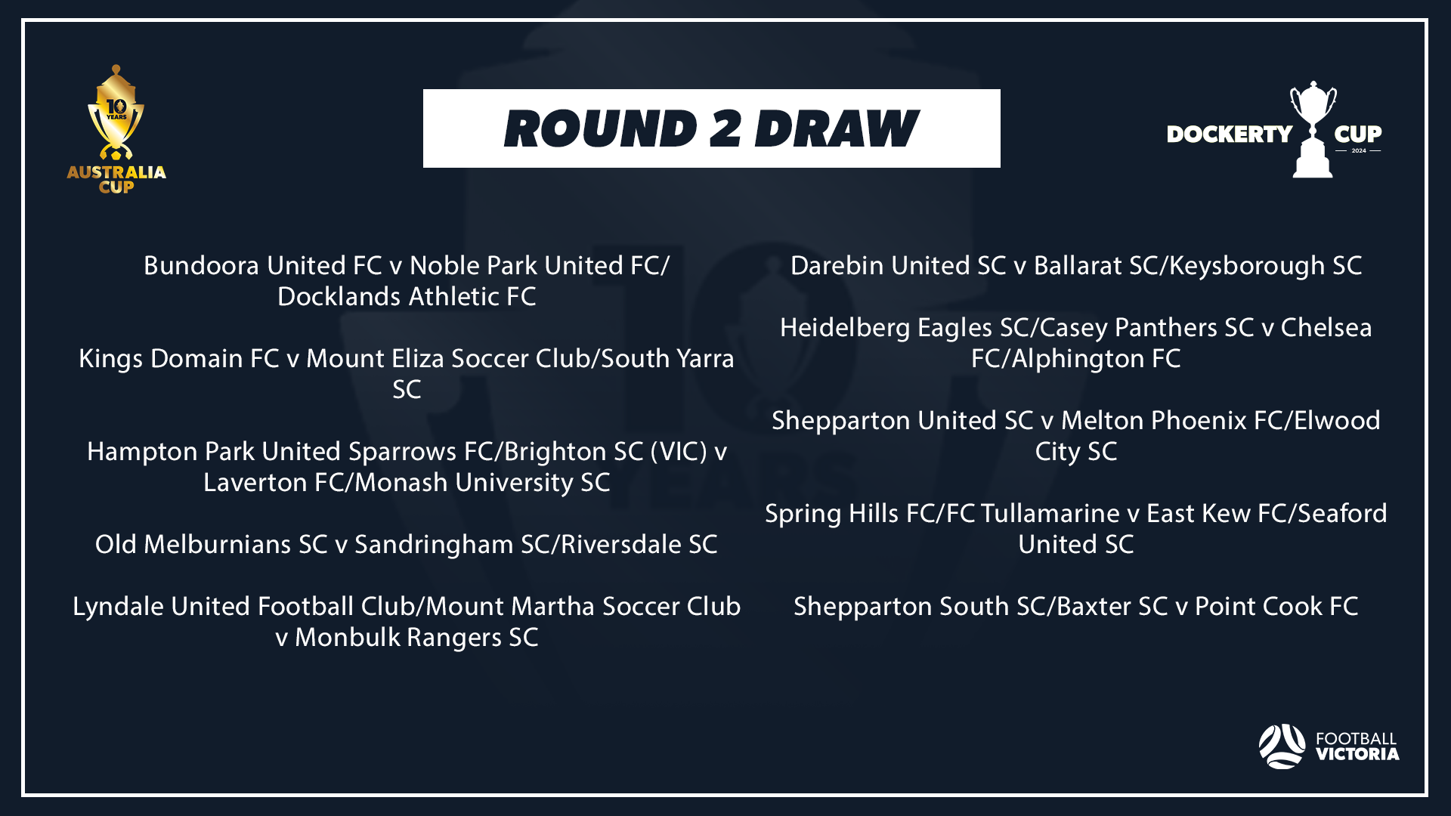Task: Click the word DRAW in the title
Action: [837, 128]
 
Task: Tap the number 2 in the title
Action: [725, 128]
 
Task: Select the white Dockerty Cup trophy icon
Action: [1313, 129]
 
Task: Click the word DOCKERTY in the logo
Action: [1230, 134]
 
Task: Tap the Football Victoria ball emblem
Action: [1282, 746]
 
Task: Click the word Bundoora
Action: [202, 266]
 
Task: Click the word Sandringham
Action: [435, 545]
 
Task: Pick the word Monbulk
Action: [347, 638]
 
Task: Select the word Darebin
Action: [837, 266]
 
